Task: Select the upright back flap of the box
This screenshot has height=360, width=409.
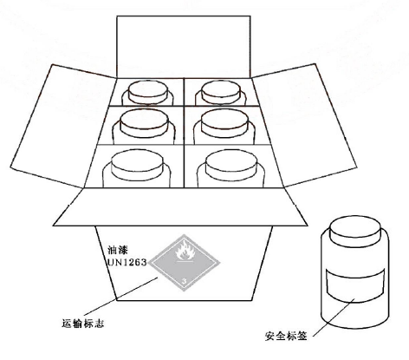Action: point(184,43)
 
